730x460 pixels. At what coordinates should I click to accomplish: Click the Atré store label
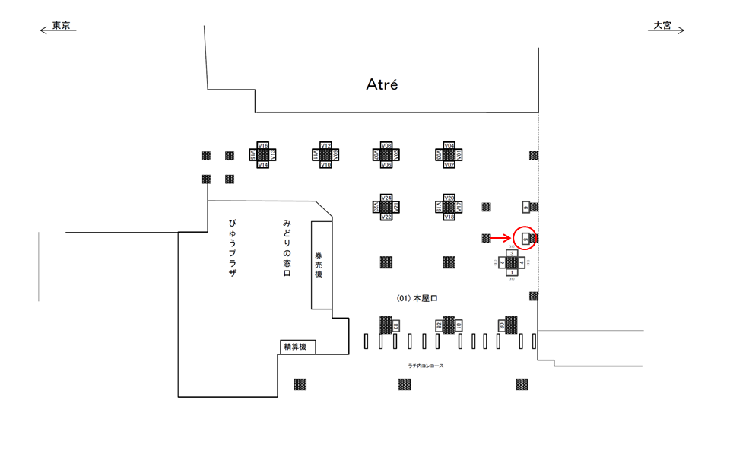coord(382,84)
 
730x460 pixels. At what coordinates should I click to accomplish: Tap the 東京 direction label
coord(61,26)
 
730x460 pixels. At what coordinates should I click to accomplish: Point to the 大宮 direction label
coord(662,26)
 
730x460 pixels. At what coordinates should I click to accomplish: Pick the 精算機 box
coord(295,347)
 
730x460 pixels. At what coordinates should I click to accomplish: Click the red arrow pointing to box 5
coord(500,238)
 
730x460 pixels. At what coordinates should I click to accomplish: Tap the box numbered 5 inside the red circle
coord(525,238)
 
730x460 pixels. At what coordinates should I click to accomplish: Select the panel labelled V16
coord(263,145)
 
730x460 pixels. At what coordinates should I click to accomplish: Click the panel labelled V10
coord(325,164)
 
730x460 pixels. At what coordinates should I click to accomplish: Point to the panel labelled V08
coord(386,145)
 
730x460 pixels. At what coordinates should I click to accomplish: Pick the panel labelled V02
coord(449,164)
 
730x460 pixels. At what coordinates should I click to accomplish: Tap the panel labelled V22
coord(386,217)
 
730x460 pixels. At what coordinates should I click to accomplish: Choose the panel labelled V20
coord(449,198)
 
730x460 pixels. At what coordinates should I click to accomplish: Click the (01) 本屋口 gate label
coord(417,298)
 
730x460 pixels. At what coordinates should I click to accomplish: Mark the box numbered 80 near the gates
coord(502,325)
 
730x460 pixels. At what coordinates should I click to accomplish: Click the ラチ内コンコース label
coord(425,366)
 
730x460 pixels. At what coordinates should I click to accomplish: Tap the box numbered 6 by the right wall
coord(525,207)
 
